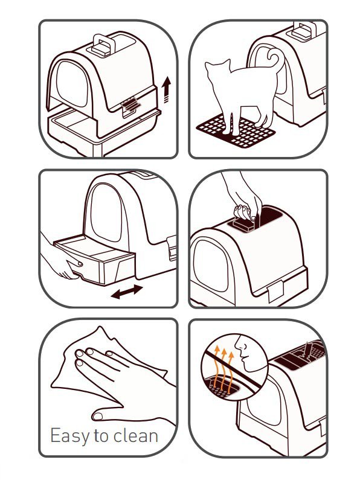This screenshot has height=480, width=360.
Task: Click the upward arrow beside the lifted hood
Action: point(167,89)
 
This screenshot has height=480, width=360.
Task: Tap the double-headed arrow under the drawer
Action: point(126,292)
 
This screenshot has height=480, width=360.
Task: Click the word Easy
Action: point(69,436)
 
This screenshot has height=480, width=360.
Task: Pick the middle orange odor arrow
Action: point(223,370)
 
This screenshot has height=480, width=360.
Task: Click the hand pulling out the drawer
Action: point(60,258)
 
